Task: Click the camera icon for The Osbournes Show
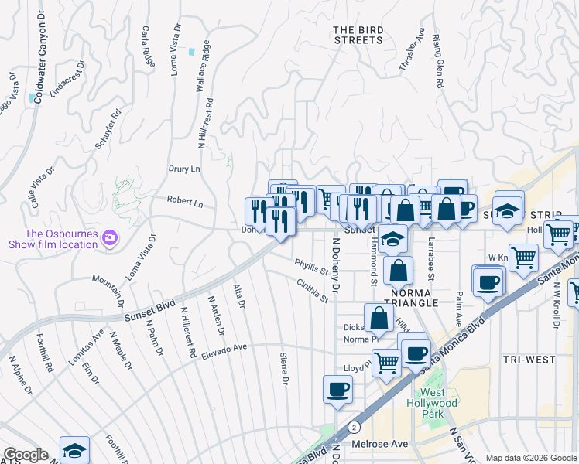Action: coord(110,237)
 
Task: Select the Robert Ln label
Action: coord(185,201)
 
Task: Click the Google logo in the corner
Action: coord(26,455)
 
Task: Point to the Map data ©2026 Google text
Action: coord(530,458)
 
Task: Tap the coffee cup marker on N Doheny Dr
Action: coord(337,389)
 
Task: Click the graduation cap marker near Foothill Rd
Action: coord(74,449)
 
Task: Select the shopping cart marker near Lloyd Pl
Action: coord(386,361)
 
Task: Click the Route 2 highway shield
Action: coord(354,426)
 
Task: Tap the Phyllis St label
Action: coord(311,267)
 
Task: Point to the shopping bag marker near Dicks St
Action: coord(379,318)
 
